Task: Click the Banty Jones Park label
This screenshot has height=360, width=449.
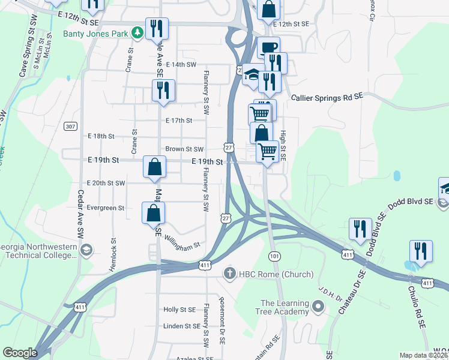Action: pyautogui.click(x=95, y=34)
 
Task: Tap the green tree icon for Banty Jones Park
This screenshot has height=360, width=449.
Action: pyautogui.click(x=137, y=32)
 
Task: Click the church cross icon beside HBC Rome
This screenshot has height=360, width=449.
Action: pyautogui.click(x=228, y=274)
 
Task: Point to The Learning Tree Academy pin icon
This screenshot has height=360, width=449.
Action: pyautogui.click(x=318, y=308)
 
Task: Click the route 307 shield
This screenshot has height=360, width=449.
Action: pyautogui.click(x=71, y=126)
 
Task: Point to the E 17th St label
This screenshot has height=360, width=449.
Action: pyautogui.click(x=179, y=120)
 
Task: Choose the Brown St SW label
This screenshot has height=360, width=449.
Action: pyautogui.click(x=184, y=149)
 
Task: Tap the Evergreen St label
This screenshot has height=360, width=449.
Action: pyautogui.click(x=105, y=208)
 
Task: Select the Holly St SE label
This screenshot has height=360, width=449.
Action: pyautogui.click(x=179, y=310)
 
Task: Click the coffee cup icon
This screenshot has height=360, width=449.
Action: pyautogui.click(x=269, y=47)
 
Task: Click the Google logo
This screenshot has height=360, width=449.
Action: pyautogui.click(x=20, y=353)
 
